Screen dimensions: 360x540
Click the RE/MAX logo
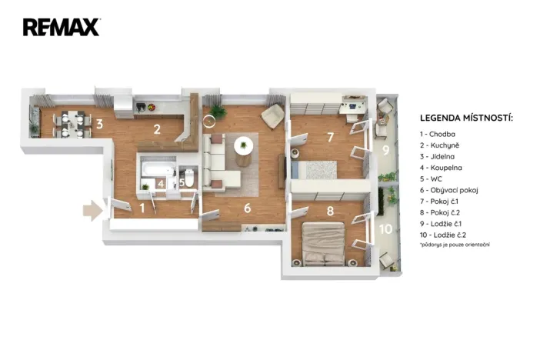(61, 28)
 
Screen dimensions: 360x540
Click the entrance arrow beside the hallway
(92, 210)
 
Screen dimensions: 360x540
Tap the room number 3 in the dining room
(98, 124)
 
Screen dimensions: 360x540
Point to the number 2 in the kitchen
(156, 129)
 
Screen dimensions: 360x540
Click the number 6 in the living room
(247, 208)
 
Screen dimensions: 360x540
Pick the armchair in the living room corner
(272, 117)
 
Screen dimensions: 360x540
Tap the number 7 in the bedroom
(329, 138)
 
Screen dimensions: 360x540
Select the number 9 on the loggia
(385, 150)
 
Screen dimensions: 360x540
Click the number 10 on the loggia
(386, 229)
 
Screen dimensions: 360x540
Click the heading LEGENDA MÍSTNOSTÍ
(466, 118)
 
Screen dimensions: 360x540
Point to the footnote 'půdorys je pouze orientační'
(455, 245)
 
